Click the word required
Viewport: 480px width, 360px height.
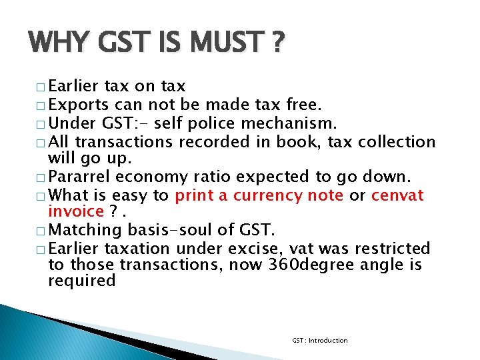(82, 281)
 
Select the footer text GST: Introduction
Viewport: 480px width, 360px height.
(319, 341)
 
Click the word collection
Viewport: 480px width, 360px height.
(397, 142)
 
